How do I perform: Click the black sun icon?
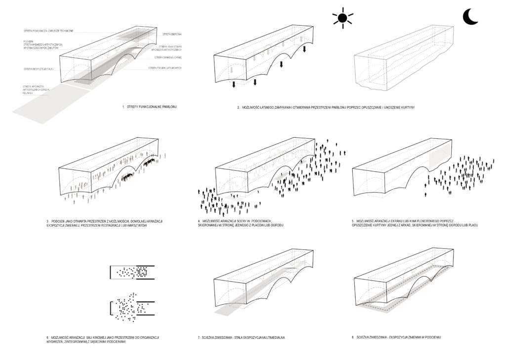pyautogui.click(x=343, y=18)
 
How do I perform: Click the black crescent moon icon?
pyautogui.click(x=470, y=17)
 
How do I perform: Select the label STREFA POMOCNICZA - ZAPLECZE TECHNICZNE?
pyautogui.click(x=48, y=31)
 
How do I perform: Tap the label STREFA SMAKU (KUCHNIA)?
pyautogui.click(x=169, y=58)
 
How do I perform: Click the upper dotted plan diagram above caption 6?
pyautogui.click(x=133, y=271)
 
